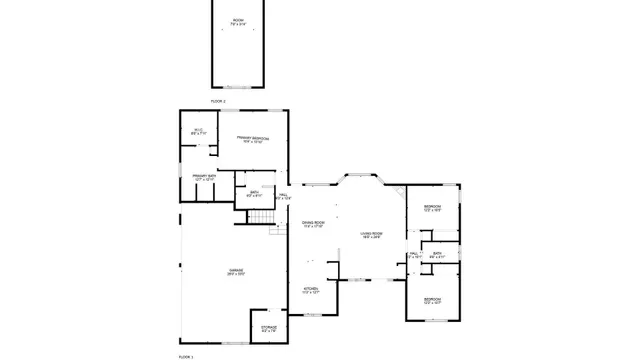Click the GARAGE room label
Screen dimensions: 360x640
pyautogui.click(x=236, y=272)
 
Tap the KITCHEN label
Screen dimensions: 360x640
pyautogui.click(x=311, y=290)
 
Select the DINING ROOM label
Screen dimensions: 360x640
pyautogui.click(x=313, y=224)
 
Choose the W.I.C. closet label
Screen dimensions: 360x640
pyautogui.click(x=198, y=131)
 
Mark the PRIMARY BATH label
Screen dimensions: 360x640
pyautogui.click(x=205, y=178)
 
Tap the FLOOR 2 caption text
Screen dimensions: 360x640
pyautogui.click(x=218, y=101)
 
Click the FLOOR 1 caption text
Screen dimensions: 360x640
pyautogui.click(x=186, y=355)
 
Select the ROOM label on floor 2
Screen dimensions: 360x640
pyautogui.click(x=238, y=21)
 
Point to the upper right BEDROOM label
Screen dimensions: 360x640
pyautogui.click(x=432, y=209)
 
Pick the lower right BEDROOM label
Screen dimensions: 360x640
pyautogui.click(x=432, y=300)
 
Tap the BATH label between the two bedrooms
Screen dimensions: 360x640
pyautogui.click(x=437, y=255)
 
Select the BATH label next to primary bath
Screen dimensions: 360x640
pyautogui.click(x=254, y=194)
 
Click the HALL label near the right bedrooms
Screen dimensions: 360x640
pyautogui.click(x=414, y=255)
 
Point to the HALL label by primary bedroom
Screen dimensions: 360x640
pyautogui.click(x=283, y=197)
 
